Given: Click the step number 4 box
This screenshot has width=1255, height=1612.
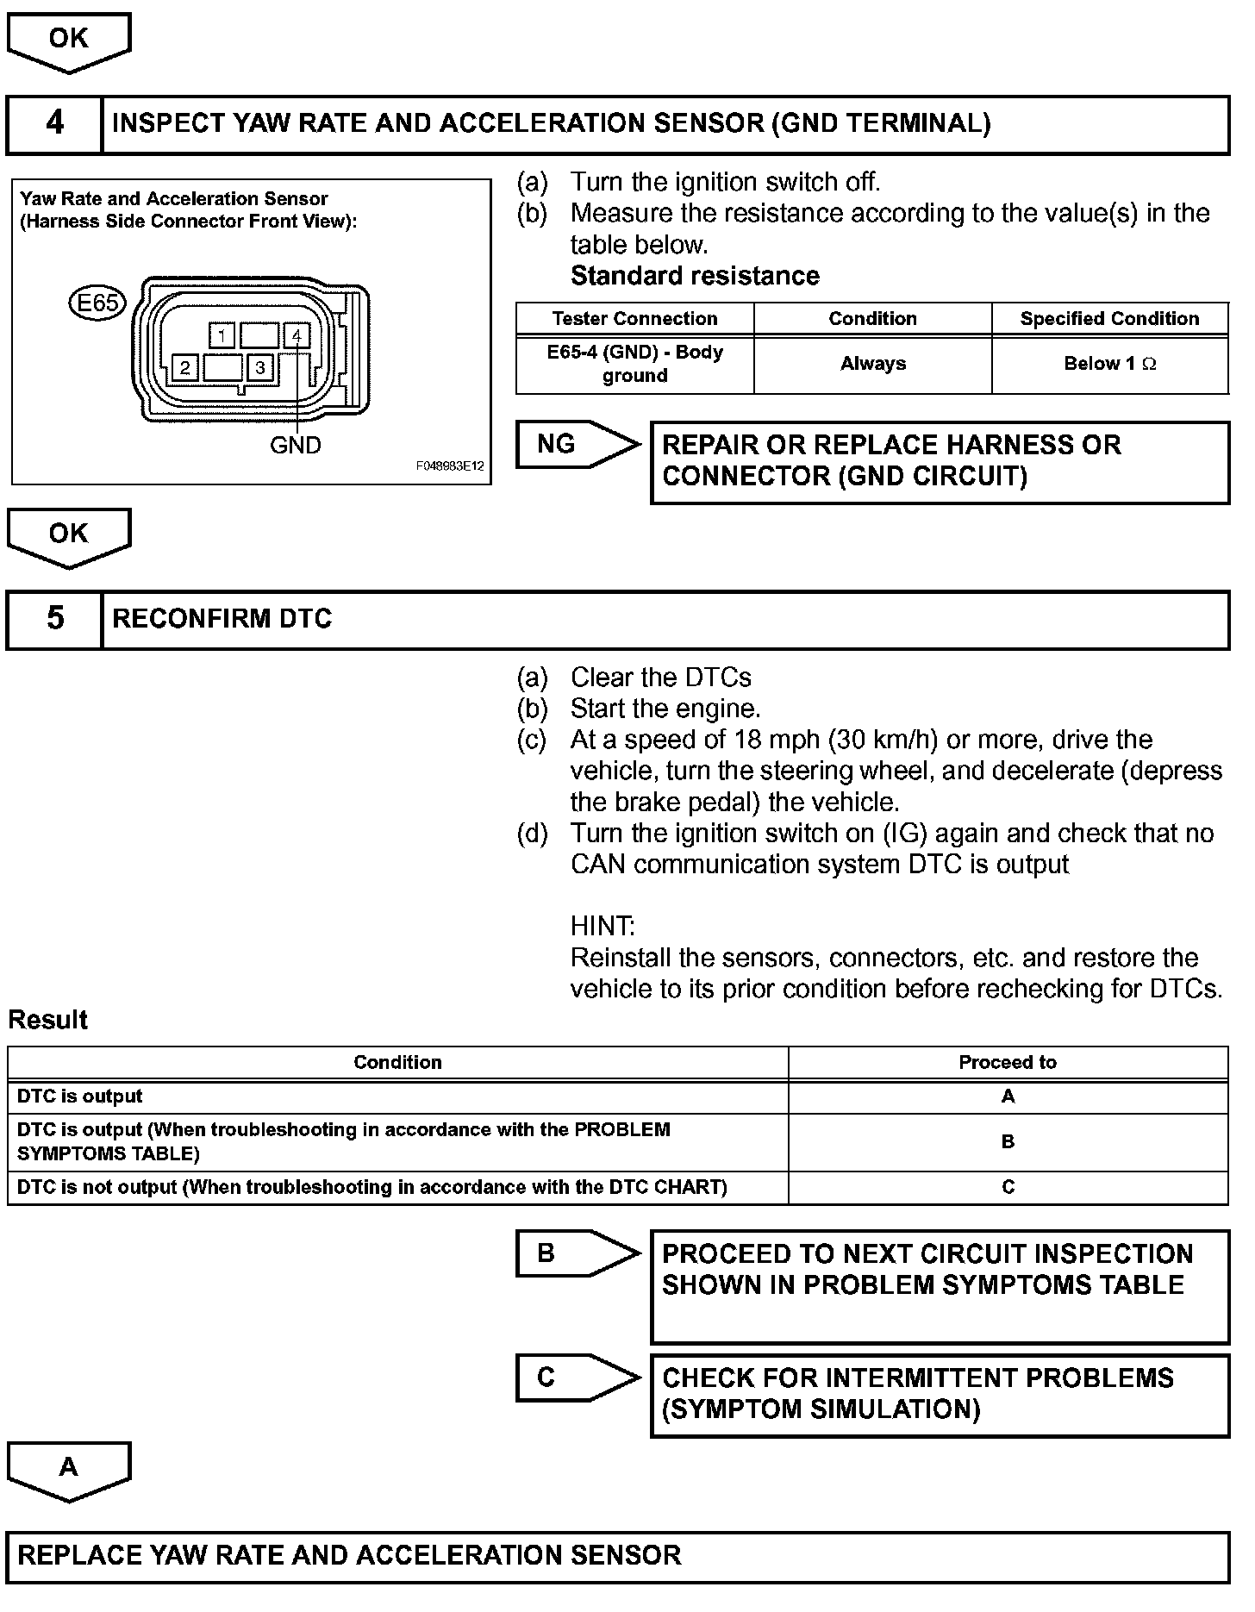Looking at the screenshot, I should click(x=54, y=124).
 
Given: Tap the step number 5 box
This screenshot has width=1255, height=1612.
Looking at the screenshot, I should click(x=54, y=619).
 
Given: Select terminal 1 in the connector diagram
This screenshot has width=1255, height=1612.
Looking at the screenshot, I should click(x=222, y=334).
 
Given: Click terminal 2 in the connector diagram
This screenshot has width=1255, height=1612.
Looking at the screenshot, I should click(x=185, y=369).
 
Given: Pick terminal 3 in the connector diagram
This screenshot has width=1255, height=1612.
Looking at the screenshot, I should click(x=259, y=369).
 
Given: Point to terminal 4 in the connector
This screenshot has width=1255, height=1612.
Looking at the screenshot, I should click(x=297, y=334).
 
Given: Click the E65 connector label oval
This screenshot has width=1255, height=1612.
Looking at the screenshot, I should click(x=97, y=303).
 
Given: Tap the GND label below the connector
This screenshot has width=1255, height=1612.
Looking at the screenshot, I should click(x=296, y=446).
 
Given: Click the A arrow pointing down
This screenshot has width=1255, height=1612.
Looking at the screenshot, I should click(x=69, y=1470).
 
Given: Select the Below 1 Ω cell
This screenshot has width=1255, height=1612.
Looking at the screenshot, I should click(x=1109, y=365).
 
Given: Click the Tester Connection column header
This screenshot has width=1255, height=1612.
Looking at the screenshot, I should click(x=634, y=319).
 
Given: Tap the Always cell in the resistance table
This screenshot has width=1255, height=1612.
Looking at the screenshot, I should click(x=872, y=365).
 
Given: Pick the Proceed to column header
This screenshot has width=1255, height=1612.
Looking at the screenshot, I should click(x=1007, y=1063).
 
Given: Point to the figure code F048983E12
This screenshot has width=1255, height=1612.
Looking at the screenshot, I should click(x=450, y=466).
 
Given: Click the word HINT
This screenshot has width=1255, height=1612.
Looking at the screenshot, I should click(x=603, y=927).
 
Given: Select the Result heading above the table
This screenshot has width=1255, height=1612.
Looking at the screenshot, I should click(x=48, y=1020).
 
